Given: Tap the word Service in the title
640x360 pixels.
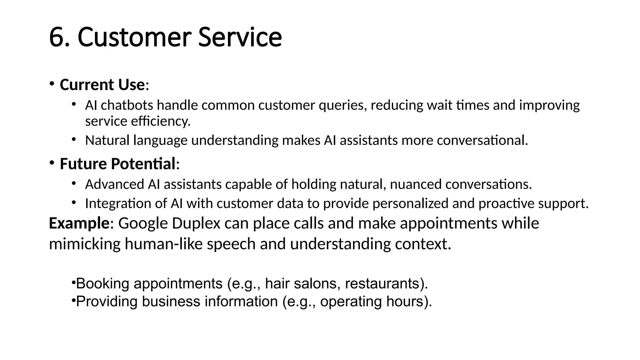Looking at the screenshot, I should point(240,37).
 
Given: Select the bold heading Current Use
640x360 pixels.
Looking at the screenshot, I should point(102,85).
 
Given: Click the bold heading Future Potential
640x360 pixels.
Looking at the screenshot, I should point(117,164).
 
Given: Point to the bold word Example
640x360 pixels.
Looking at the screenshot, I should point(79,223).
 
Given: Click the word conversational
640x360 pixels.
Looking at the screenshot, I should point(482,140).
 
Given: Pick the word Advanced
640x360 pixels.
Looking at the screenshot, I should point(114,184).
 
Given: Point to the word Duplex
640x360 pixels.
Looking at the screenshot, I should point(196,223).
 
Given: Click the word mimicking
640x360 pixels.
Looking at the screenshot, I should point(84,244).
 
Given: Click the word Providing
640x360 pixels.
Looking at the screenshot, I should point(107,302).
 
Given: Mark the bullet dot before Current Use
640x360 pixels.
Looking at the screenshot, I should point(52,83).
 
